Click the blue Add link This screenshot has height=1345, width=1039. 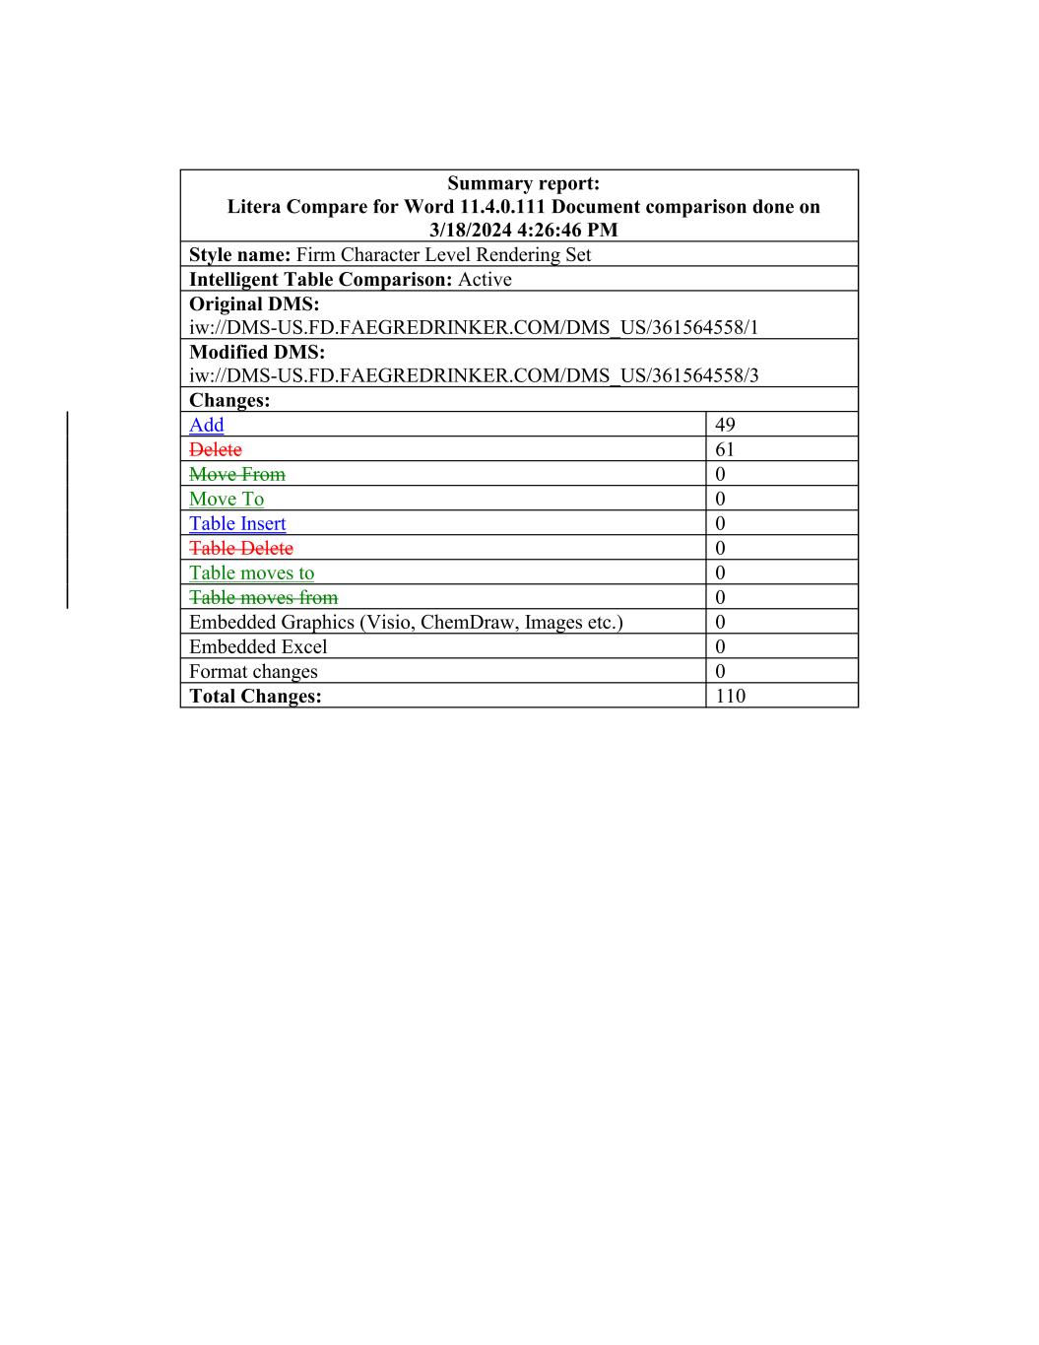click(x=206, y=425)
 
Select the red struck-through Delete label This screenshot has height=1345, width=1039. click(x=215, y=449)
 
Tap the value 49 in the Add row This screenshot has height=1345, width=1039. click(x=725, y=425)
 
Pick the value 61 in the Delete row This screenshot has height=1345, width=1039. click(x=725, y=449)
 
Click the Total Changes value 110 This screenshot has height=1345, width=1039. click(x=730, y=696)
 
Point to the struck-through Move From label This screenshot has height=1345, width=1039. click(x=236, y=474)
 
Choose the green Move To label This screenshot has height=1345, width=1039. click(x=227, y=499)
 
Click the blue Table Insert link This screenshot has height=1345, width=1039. click(x=237, y=523)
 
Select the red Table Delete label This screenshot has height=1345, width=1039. click(x=241, y=548)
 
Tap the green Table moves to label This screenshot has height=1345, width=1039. click(x=251, y=572)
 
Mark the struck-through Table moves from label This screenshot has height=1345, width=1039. click(x=263, y=597)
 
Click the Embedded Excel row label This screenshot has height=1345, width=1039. click(x=258, y=646)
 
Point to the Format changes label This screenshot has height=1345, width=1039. click(x=253, y=671)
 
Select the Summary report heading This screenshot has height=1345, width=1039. click(x=523, y=183)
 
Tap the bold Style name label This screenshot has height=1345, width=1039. click(x=239, y=254)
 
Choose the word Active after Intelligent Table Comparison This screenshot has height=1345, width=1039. click(x=485, y=279)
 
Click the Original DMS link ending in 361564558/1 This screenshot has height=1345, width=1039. click(x=474, y=327)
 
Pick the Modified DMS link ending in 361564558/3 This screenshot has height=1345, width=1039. click(x=474, y=375)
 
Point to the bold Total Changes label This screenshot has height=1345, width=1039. click(x=255, y=696)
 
